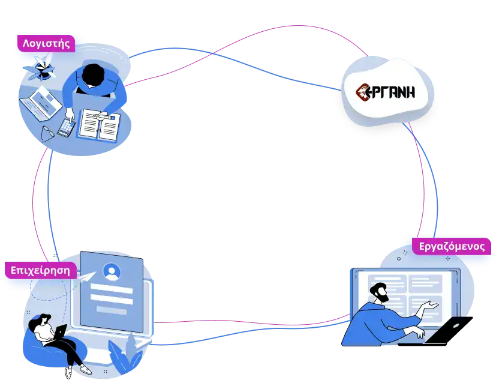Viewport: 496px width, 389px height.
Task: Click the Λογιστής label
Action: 46,43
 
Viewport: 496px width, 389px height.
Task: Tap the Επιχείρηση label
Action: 40,270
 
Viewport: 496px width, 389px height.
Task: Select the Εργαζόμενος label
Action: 452,246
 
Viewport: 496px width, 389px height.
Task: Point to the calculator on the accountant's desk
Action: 67,127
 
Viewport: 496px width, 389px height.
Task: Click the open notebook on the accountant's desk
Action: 98,123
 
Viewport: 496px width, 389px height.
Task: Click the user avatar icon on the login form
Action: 112,272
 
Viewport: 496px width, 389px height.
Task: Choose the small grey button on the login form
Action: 111,310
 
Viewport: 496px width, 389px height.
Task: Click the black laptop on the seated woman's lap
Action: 59,332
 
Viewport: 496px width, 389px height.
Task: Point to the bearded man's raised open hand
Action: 429,307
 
